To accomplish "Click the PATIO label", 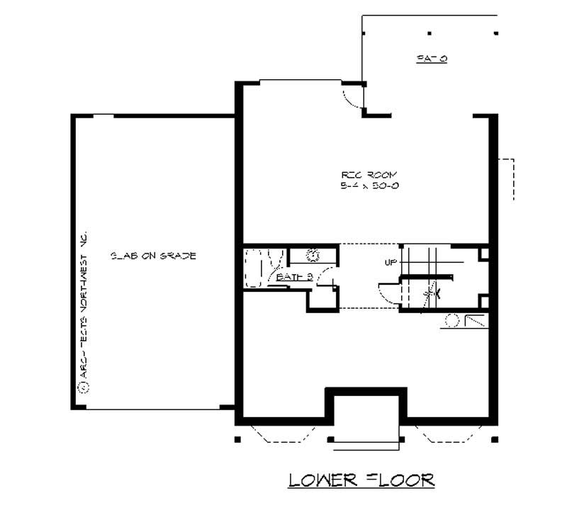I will point(431,59).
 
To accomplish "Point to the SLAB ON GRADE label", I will point(153,255).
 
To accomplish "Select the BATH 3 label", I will point(294,277).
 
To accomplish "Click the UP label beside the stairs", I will point(391,263).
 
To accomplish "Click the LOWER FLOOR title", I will point(361,480).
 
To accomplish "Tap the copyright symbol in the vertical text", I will point(83,387).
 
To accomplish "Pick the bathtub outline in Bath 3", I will point(253,267).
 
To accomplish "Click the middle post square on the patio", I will point(430,33).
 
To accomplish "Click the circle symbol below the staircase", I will point(450,322).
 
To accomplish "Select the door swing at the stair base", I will point(388,291).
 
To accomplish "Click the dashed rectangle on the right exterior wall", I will point(506,180).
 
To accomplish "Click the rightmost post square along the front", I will point(495,439).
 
